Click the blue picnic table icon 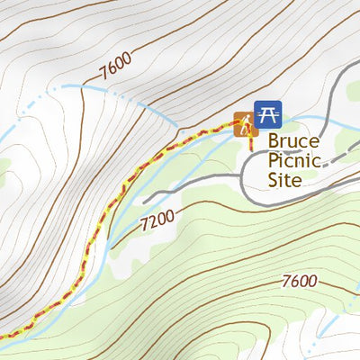click(x=267, y=113)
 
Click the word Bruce click(x=293, y=142)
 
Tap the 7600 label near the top click(x=115, y=66)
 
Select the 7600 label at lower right click(x=299, y=281)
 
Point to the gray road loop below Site click(x=270, y=201)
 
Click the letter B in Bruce click(x=275, y=142)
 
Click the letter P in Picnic click(x=274, y=161)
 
